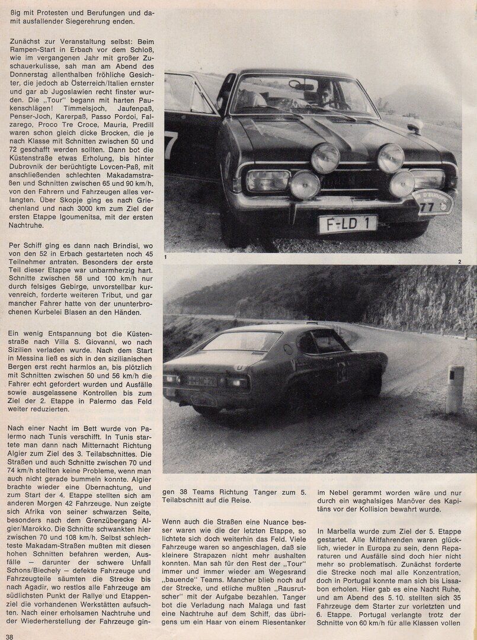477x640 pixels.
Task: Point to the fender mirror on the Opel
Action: click(x=415, y=126)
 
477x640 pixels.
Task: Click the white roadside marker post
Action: click(x=455, y=389)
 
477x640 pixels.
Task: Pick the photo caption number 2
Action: click(x=459, y=261)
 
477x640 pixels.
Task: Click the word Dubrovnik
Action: click(x=25, y=180)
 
